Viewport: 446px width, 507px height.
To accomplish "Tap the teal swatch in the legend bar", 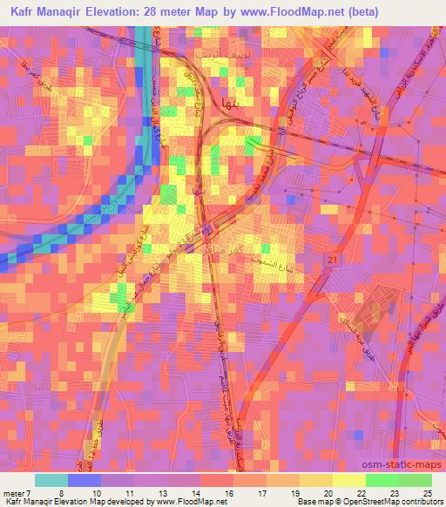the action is [x=51, y=480].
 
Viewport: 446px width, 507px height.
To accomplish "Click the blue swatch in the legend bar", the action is [x=84, y=480].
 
